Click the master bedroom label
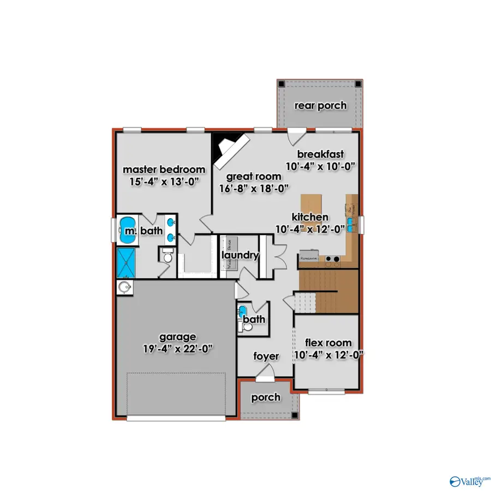(x=164, y=170)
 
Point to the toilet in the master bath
(x=167, y=254)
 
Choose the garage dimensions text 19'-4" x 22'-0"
(x=178, y=349)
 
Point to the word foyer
(x=266, y=356)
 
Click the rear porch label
(x=320, y=105)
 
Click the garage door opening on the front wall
(x=176, y=418)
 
